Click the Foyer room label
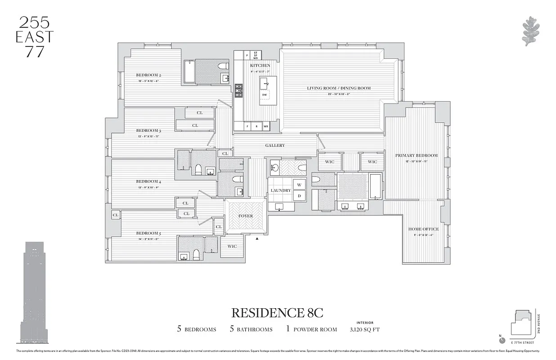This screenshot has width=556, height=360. click(x=246, y=216)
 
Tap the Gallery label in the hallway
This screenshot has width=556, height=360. click(x=275, y=145)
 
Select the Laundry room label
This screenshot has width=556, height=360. click(x=280, y=190)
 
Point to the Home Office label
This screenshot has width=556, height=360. click(x=423, y=229)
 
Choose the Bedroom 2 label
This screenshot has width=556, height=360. click(x=148, y=75)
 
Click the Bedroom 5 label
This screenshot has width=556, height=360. click(x=148, y=233)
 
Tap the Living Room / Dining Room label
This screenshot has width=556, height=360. click(x=339, y=88)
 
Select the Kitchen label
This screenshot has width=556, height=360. click(x=260, y=66)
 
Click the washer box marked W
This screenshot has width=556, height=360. click(x=299, y=184)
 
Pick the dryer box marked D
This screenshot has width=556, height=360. click(x=299, y=196)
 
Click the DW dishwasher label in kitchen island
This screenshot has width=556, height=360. click(x=265, y=95)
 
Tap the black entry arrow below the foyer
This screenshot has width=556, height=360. click(x=257, y=239)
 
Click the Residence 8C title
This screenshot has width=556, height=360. click(x=277, y=312)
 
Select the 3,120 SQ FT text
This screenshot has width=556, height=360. click(x=364, y=329)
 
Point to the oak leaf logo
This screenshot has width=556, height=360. click(x=531, y=31)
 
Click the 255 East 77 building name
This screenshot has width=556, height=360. click(x=34, y=37)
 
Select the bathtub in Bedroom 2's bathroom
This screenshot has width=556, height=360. click(x=189, y=72)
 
